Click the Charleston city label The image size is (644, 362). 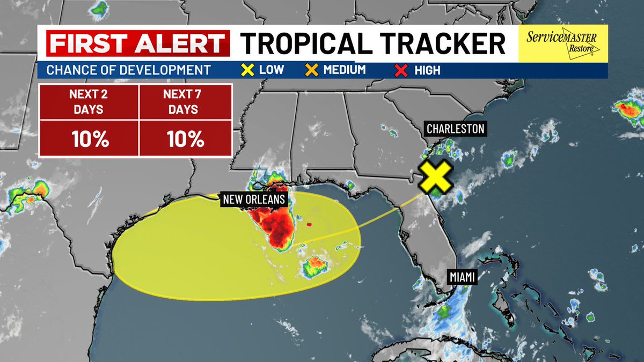[456, 129]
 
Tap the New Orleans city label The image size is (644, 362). [254, 200]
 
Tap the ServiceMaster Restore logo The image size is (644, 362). [562, 43]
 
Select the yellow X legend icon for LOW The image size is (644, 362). [247, 70]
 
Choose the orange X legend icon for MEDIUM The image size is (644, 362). [311, 70]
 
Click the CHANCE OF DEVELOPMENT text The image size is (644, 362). [128, 70]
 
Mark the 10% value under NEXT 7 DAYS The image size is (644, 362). [185, 139]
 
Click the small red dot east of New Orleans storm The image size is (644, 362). [309, 225]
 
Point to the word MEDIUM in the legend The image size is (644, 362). [344, 70]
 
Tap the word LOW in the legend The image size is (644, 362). [272, 70]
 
